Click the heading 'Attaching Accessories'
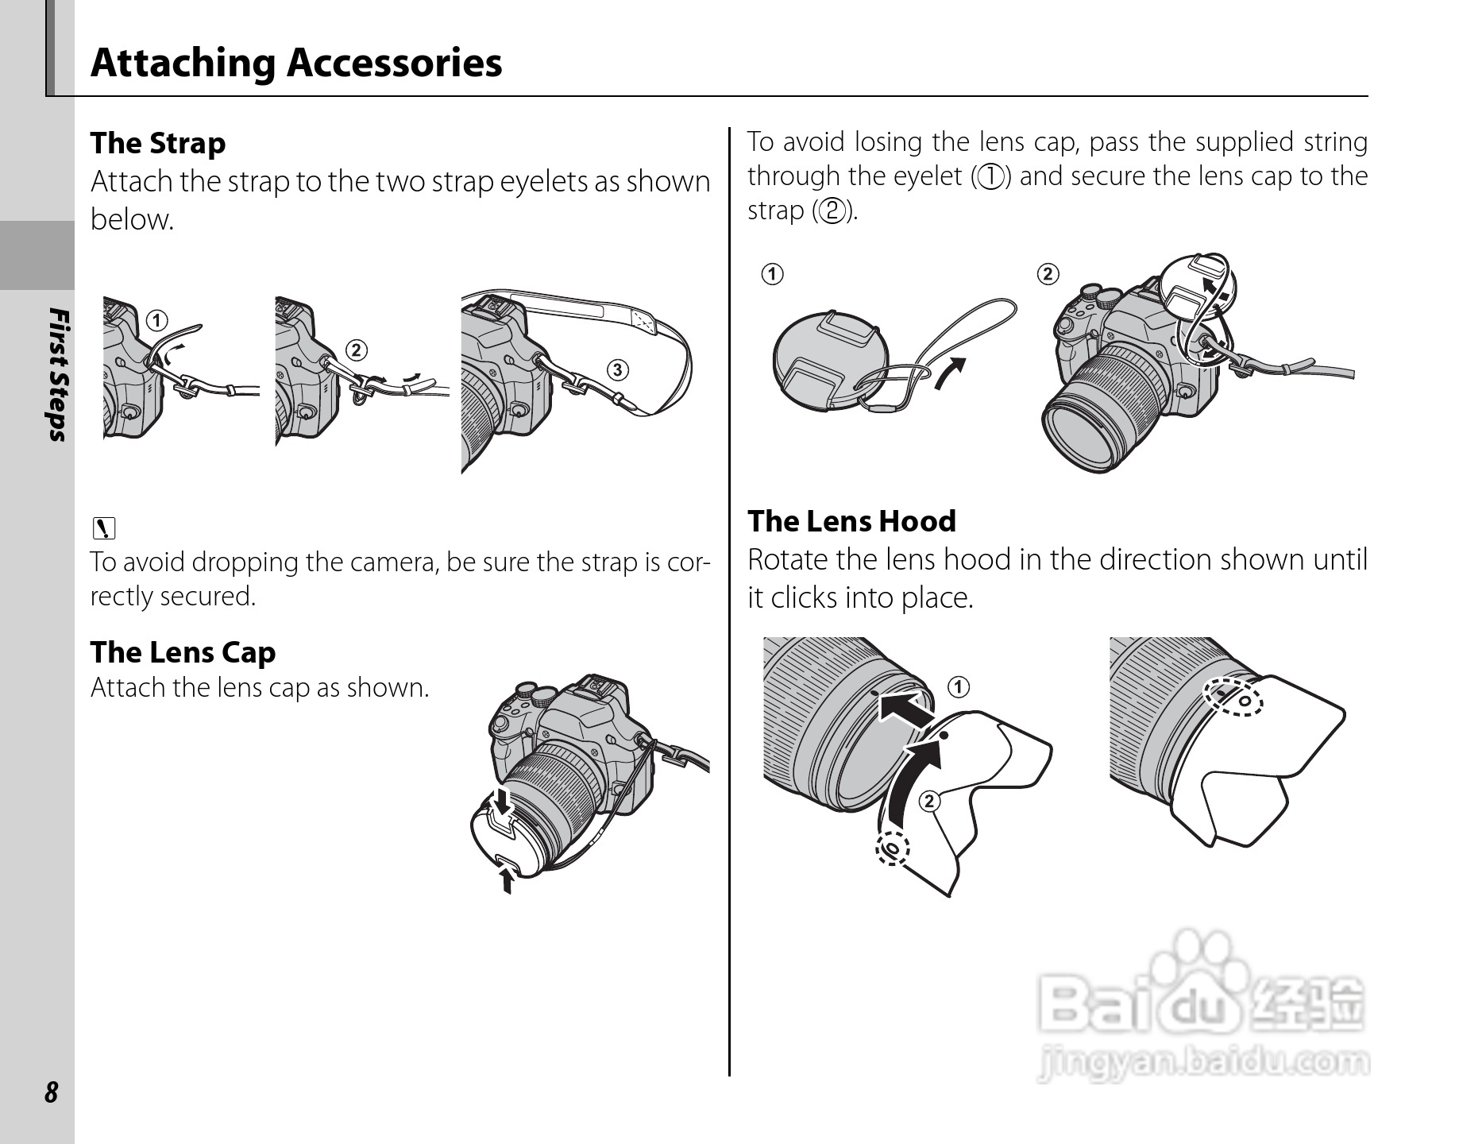tap(296, 63)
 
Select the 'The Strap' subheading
tap(158, 143)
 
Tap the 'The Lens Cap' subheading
tap(183, 651)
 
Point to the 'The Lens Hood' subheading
tap(851, 521)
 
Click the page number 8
tap(51, 1092)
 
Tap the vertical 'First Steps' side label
tap(57, 373)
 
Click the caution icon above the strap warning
tap(103, 527)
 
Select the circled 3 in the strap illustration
tap(617, 369)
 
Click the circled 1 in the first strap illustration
tap(157, 321)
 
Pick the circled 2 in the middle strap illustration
tap(356, 350)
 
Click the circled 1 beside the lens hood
tap(959, 686)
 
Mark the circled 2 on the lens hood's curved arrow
tap(928, 800)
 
